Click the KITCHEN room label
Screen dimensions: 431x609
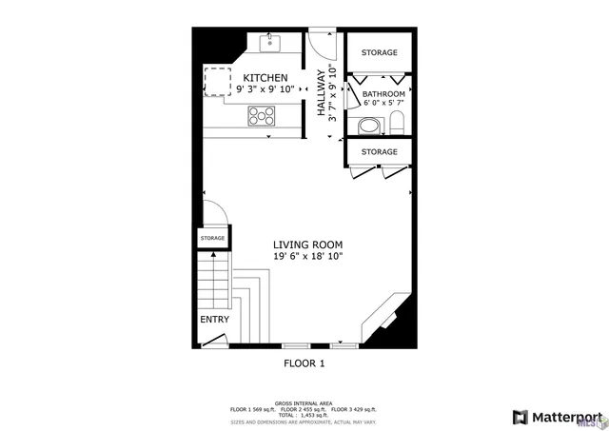[265, 77]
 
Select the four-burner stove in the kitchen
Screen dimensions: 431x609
[261, 115]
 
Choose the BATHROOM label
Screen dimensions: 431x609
[383, 94]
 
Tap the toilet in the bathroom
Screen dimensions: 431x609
[397, 122]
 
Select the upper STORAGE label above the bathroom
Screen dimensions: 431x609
[379, 52]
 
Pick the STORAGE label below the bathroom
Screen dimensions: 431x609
[379, 152]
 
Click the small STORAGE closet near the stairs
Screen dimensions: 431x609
[212, 238]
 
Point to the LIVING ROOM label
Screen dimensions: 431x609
[307, 244]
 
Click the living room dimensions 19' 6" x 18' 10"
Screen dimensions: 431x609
[307, 256]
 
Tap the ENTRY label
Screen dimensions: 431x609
[214, 320]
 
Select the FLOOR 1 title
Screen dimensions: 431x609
[304, 363]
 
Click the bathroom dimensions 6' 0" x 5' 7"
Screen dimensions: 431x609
[383, 104]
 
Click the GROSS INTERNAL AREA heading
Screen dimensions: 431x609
[304, 403]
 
